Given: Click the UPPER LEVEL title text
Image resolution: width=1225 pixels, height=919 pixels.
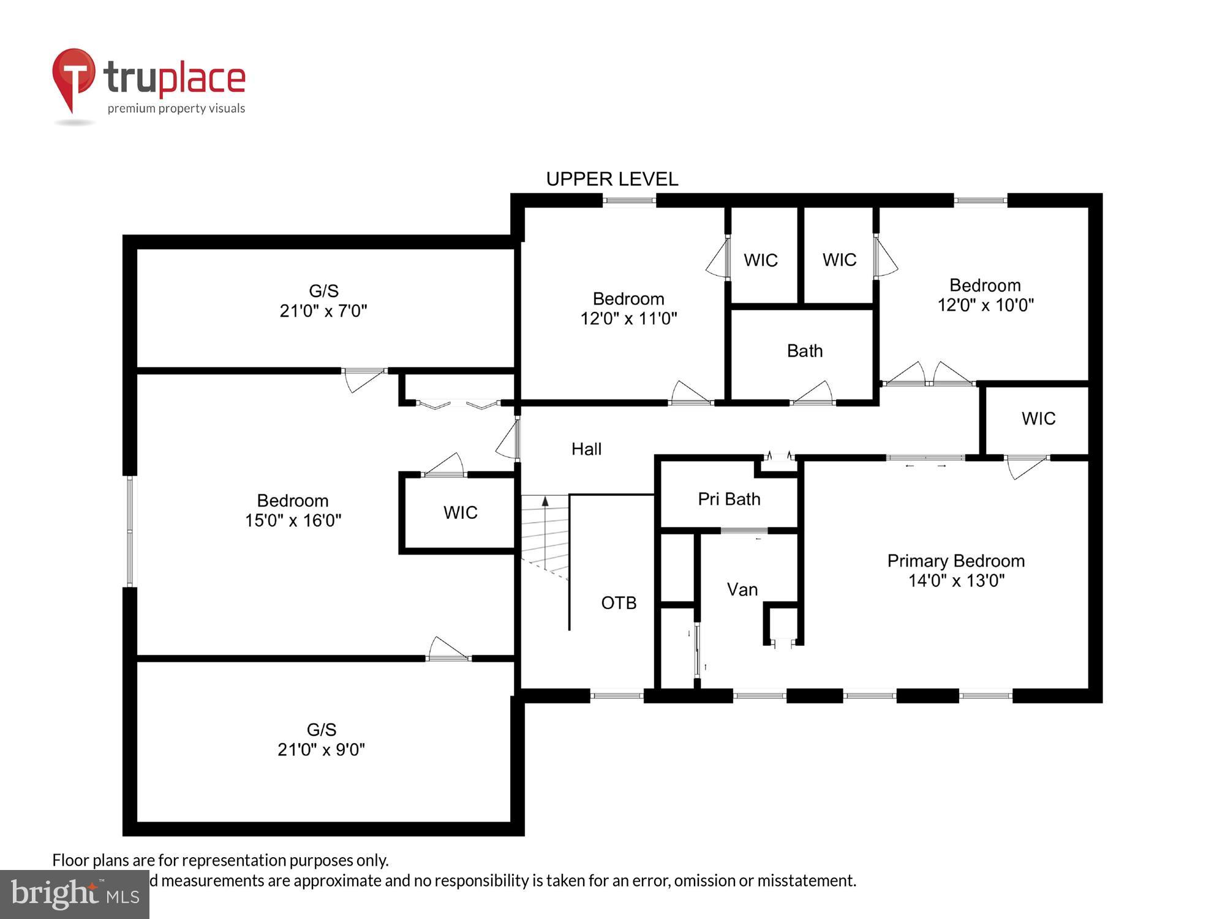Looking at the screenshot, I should point(612,179).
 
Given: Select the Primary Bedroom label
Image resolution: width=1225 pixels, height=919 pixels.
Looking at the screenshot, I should point(956,561).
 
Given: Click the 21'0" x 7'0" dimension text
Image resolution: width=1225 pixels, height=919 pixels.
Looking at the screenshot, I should point(323,311).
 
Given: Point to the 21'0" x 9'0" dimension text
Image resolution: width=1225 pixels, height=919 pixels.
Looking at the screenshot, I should point(321,749).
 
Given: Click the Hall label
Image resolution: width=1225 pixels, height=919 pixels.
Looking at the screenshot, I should point(586,449).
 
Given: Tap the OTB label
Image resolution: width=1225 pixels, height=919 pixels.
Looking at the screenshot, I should point(619,603).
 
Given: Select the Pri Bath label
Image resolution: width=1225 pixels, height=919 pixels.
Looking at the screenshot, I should point(729,499).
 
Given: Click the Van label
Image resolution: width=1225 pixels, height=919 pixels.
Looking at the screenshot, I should point(742,589).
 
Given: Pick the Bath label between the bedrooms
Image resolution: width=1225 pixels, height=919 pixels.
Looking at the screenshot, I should point(804,351).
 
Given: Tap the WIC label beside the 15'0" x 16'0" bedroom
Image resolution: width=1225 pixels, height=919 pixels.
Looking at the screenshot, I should point(460,512).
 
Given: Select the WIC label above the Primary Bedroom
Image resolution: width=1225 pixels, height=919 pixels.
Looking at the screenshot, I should point(1038,418).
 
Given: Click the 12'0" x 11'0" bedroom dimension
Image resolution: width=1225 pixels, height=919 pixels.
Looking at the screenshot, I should point(628,319).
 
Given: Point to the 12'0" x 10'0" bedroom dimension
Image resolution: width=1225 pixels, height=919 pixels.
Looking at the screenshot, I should point(986,305).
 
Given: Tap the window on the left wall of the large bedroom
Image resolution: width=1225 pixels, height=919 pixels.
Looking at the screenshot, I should point(130,531).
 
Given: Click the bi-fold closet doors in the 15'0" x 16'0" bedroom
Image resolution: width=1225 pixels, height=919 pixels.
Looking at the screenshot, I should point(458,404).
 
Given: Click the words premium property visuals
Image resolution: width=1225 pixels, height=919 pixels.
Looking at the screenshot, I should point(176,108).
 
